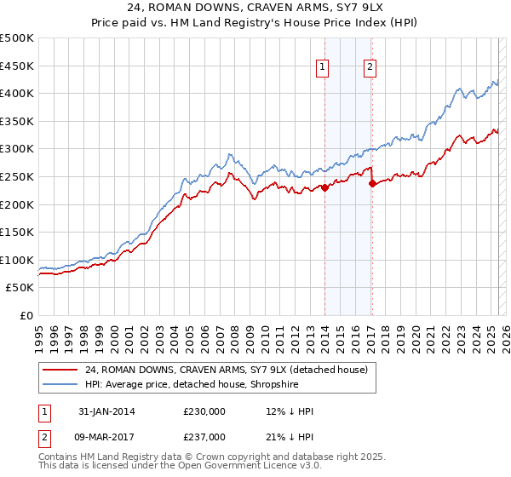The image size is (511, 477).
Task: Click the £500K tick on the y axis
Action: point(17,38)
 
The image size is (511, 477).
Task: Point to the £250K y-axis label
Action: point(17,176)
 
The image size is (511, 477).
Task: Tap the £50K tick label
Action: point(20,288)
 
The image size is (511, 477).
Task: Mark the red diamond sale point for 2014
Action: point(325,188)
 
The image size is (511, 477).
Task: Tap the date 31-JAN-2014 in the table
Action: point(107,412)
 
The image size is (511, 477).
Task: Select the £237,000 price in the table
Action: point(204,437)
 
